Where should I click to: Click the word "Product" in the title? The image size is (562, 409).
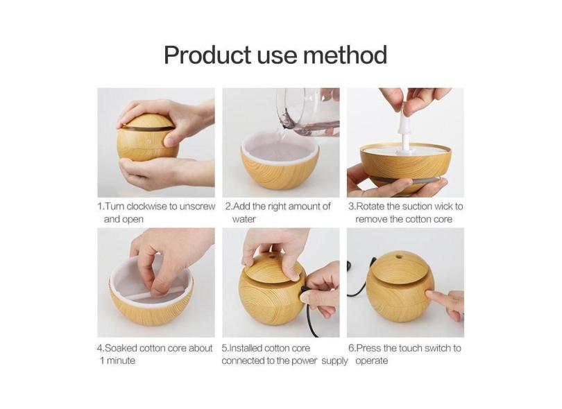pos(207,54)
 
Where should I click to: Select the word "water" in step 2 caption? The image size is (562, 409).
pos(244,219)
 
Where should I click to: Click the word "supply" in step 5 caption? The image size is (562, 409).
pos(334,361)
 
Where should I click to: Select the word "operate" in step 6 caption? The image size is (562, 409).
pos(371,361)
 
